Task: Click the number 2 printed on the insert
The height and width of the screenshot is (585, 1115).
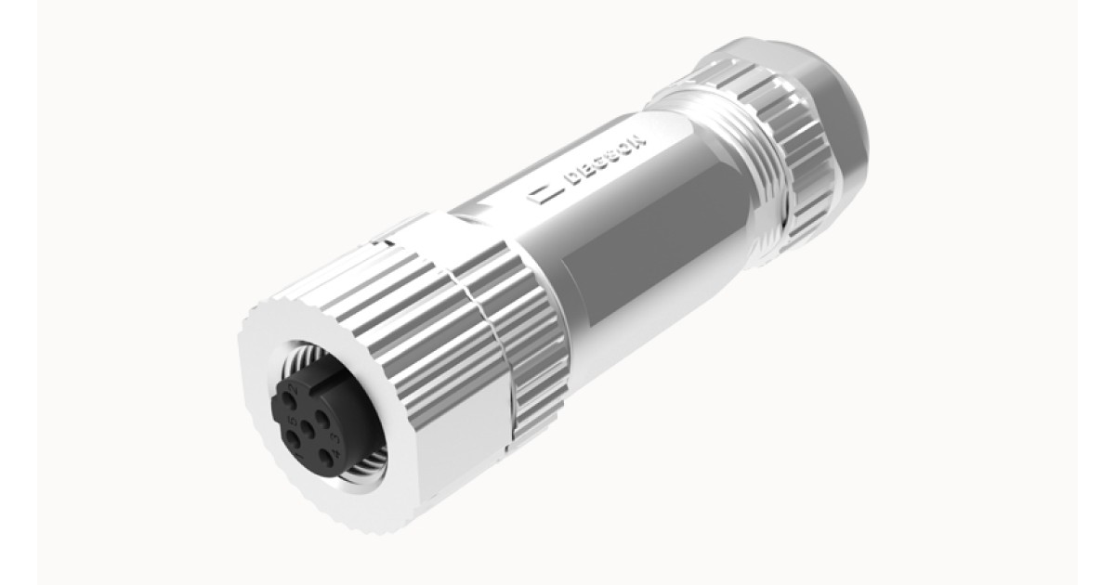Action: click(x=294, y=388)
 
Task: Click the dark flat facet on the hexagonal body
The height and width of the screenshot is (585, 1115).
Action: click(x=650, y=251)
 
